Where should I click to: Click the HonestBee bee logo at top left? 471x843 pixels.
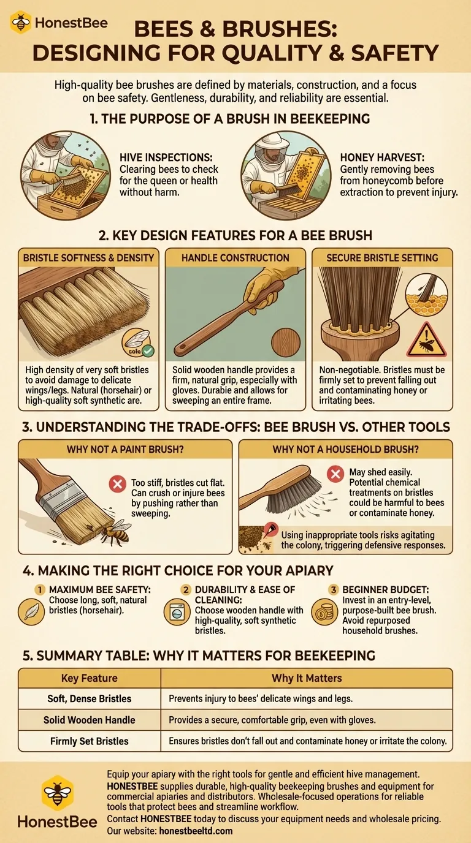pyautogui.click(x=21, y=23)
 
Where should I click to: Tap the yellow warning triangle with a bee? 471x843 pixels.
pyautogui.click(x=426, y=341)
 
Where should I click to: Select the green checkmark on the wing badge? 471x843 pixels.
pyautogui.click(x=148, y=351)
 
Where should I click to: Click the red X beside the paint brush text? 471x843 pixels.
pyautogui.click(x=118, y=483)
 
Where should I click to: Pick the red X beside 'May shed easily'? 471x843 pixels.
pyautogui.click(x=335, y=474)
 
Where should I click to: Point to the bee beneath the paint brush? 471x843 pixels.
pyautogui.click(x=114, y=531)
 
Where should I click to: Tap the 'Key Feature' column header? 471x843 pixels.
pyautogui.click(x=90, y=678)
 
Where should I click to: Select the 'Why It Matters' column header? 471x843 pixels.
pyautogui.click(x=307, y=678)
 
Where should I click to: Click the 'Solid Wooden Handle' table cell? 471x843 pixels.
pyautogui.click(x=90, y=720)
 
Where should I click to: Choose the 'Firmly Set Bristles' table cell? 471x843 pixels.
pyautogui.click(x=90, y=741)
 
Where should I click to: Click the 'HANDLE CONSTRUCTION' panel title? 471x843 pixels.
pyautogui.click(x=235, y=258)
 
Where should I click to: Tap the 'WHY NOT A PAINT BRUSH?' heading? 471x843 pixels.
pyautogui.click(x=125, y=449)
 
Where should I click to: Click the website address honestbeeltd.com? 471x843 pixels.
pyautogui.click(x=196, y=831)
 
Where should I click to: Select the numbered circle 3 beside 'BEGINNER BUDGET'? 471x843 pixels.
pyautogui.click(x=333, y=589)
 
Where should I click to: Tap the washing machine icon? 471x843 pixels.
pyautogui.click(x=177, y=612)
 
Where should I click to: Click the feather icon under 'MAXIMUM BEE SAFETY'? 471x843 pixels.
pyautogui.click(x=31, y=612)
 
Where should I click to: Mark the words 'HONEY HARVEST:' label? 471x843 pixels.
pyautogui.click(x=382, y=157)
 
